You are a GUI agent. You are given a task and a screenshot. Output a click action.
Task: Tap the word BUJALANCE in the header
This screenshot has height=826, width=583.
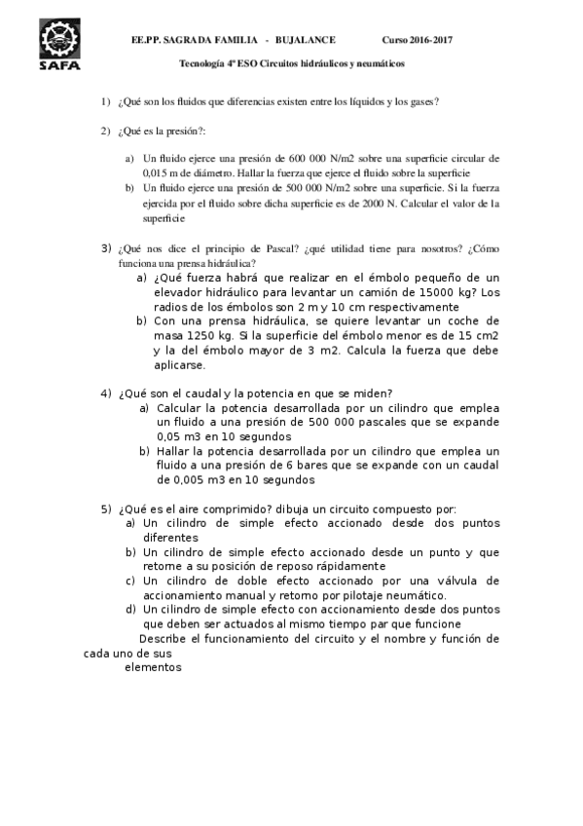(307, 39)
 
